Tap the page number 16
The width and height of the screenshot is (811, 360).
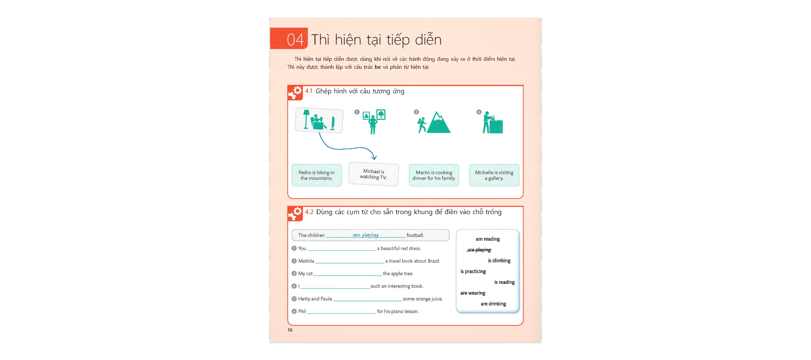(290, 330)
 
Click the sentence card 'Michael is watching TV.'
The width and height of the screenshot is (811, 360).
(373, 174)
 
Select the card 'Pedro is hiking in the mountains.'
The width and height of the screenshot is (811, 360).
(316, 175)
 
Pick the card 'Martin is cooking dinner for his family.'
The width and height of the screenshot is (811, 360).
(434, 175)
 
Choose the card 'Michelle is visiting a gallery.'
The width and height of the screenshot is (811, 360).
(494, 175)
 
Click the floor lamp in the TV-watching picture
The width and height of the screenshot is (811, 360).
(306, 119)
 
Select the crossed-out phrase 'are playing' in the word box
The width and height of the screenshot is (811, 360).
(479, 250)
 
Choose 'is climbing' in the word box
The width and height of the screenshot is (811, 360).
(499, 260)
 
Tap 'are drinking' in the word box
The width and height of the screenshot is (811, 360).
(493, 304)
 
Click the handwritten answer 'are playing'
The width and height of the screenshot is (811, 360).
(366, 235)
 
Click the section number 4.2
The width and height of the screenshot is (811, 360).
(309, 212)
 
